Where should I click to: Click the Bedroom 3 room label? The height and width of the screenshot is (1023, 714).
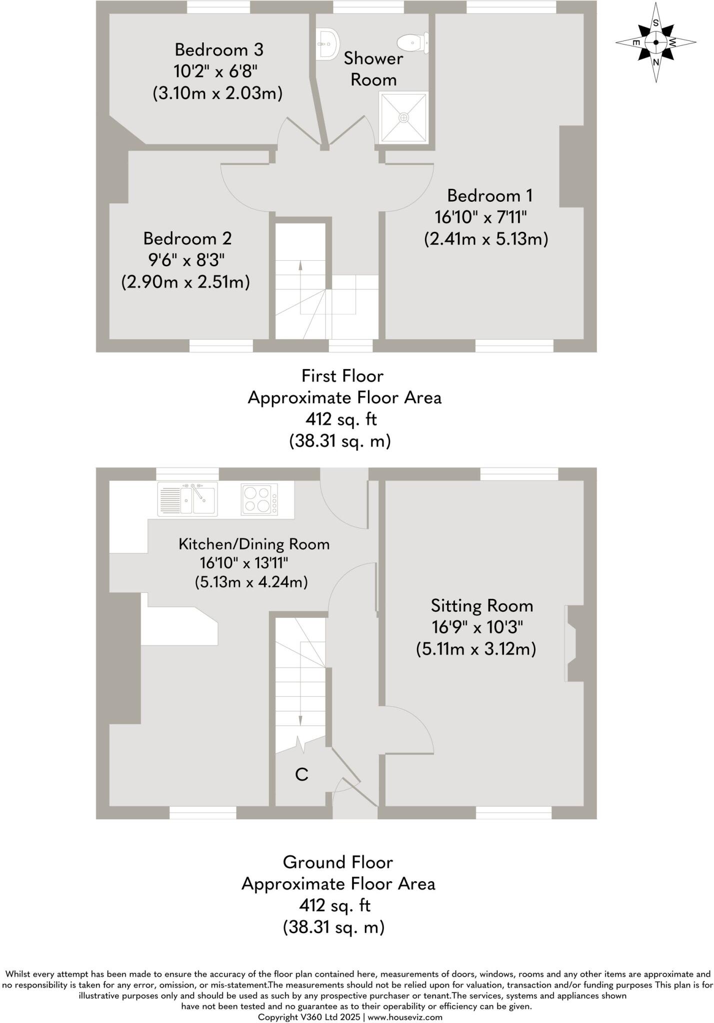tap(218, 49)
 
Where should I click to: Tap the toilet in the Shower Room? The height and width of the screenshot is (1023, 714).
tap(414, 43)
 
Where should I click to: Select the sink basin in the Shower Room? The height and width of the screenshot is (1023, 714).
tap(328, 43)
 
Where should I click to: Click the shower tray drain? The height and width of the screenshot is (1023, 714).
tap(403, 117)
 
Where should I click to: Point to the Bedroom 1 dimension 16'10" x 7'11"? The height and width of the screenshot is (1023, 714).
tap(481, 217)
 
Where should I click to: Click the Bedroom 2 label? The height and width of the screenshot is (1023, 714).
tap(187, 238)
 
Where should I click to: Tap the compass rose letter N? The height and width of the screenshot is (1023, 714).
tap(656, 62)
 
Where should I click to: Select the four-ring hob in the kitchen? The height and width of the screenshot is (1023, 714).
tap(259, 499)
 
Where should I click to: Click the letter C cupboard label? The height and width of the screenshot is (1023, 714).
tap(301, 774)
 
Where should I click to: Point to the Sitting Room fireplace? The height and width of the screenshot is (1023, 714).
tap(571, 643)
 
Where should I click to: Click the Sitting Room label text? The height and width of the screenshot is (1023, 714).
tap(481, 606)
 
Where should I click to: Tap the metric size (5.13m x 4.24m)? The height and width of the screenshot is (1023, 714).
tap(250, 582)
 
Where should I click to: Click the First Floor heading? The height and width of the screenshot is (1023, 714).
tap(342, 376)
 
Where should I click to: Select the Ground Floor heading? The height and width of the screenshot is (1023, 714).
tap(338, 862)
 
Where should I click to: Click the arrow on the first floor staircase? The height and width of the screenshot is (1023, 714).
tap(300, 267)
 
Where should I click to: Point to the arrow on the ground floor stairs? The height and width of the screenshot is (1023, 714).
tap(300, 719)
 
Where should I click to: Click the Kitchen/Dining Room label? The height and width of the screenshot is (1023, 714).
tap(254, 544)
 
